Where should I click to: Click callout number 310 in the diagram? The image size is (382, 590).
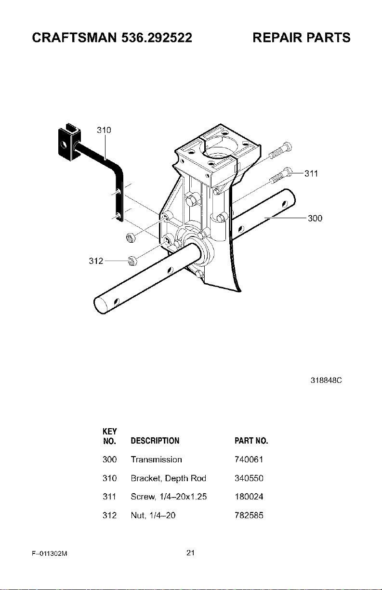(104, 130)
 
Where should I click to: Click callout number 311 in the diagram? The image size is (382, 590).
(311, 173)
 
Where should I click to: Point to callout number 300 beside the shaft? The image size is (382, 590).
(315, 218)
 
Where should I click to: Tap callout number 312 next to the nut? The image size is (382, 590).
(96, 261)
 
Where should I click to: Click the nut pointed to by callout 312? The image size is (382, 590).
(132, 261)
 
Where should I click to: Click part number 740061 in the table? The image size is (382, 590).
(249, 459)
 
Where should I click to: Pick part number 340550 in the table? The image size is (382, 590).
(249, 478)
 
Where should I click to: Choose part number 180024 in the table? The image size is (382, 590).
(249, 497)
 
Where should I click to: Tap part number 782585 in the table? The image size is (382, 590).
(249, 515)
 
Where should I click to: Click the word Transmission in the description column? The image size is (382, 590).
(156, 459)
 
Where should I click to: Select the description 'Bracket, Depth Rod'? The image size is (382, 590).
(168, 478)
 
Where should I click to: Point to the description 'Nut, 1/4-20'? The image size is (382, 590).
(153, 515)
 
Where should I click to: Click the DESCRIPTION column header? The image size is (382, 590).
(155, 441)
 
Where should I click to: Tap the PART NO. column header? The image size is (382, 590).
(251, 441)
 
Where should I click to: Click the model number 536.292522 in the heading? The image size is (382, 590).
(157, 38)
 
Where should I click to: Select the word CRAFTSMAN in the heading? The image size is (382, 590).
(74, 38)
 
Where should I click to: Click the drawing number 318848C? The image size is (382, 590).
(326, 380)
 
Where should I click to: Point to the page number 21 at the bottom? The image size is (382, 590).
(190, 552)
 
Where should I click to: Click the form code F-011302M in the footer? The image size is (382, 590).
(50, 553)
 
